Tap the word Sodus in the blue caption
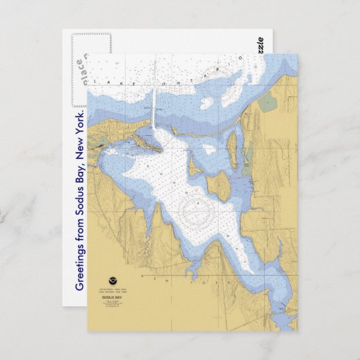pos(80,198)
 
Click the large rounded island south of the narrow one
pos(219,183)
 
